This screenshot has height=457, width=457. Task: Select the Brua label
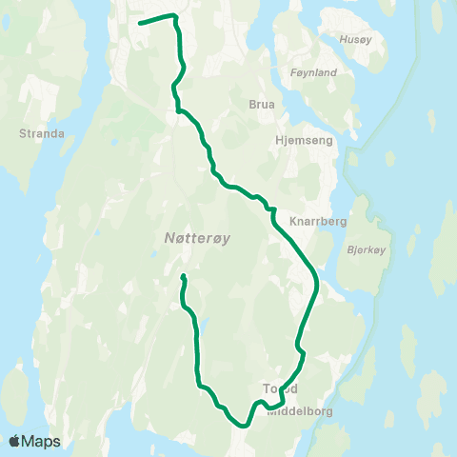(x=262, y=105)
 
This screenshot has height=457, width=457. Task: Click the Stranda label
(x=41, y=133)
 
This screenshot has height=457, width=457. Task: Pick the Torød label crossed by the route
(x=280, y=388)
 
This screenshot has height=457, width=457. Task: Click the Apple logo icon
(x=15, y=441)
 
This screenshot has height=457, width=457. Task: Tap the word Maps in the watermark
(x=41, y=441)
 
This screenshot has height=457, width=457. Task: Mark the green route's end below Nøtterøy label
(x=183, y=277)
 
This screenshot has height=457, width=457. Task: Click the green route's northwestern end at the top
(x=141, y=23)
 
